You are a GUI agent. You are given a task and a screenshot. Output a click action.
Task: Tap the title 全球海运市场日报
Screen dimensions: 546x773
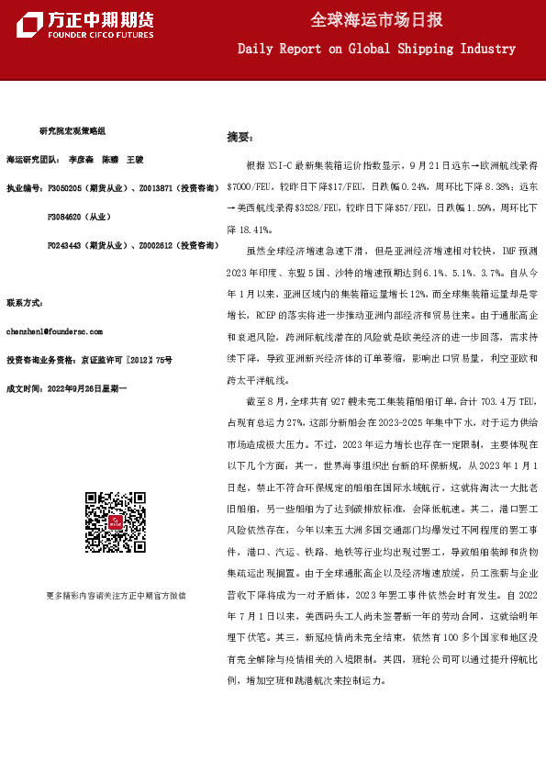(x=376, y=19)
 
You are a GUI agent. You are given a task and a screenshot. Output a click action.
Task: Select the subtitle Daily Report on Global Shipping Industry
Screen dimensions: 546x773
(x=376, y=48)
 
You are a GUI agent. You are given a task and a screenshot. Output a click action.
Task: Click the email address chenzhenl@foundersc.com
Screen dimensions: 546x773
(x=54, y=330)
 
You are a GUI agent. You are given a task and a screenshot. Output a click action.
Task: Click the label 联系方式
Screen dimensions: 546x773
(x=25, y=302)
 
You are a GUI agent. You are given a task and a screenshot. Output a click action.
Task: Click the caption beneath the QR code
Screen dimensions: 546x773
(x=116, y=595)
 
